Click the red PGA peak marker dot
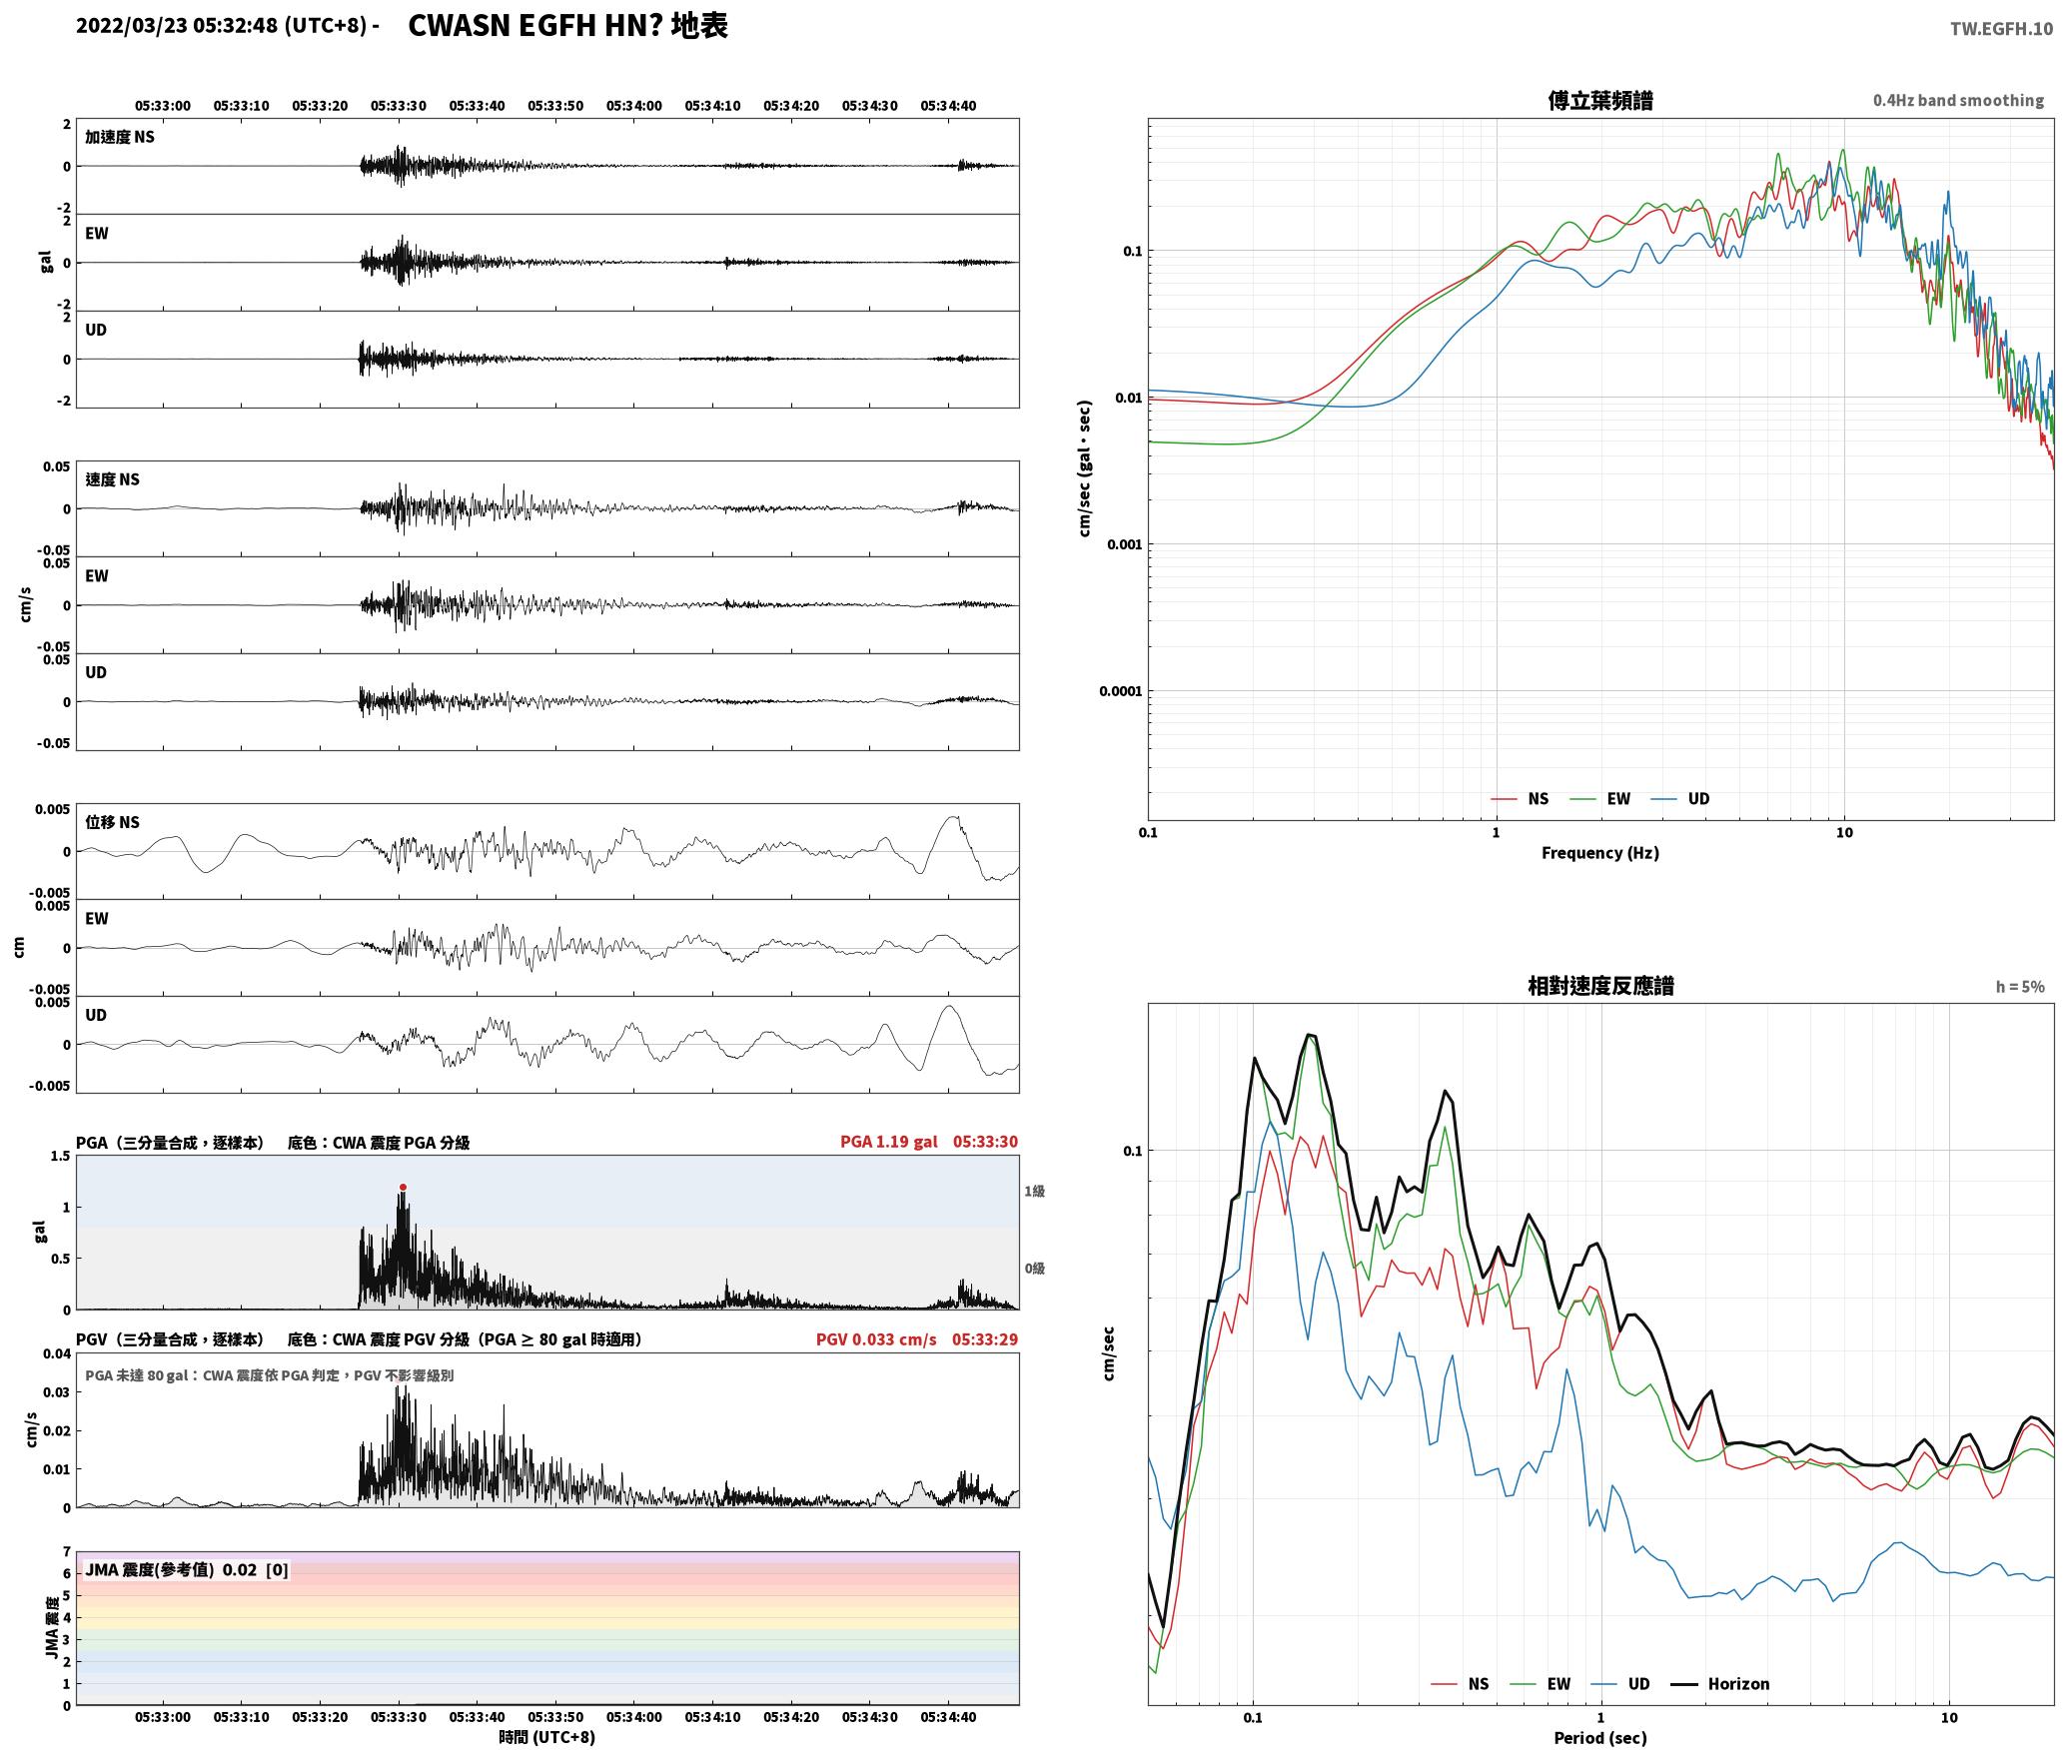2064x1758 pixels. tap(403, 1187)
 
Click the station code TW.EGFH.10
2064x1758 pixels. tap(2001, 28)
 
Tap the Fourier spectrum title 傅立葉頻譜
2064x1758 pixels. tap(1599, 100)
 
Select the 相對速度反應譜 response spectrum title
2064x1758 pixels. tap(1599, 985)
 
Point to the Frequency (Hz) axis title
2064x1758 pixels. tap(1599, 852)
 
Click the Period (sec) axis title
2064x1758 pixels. tap(1599, 1737)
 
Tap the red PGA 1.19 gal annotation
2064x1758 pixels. tap(888, 1141)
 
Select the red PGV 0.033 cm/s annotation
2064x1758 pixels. tap(876, 1338)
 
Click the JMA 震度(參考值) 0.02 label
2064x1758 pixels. tap(171, 1569)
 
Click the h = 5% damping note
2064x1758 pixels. tap(2020, 986)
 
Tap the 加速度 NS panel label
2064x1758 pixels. tap(120, 137)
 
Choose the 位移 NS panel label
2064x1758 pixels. tap(112, 822)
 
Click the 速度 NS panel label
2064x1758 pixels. tap(112, 479)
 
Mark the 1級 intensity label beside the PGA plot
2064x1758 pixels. tap(1034, 1191)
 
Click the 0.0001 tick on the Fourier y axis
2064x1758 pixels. tap(1120, 691)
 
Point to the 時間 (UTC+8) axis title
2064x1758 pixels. tap(547, 1736)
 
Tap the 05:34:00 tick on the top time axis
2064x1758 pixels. tap(633, 105)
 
